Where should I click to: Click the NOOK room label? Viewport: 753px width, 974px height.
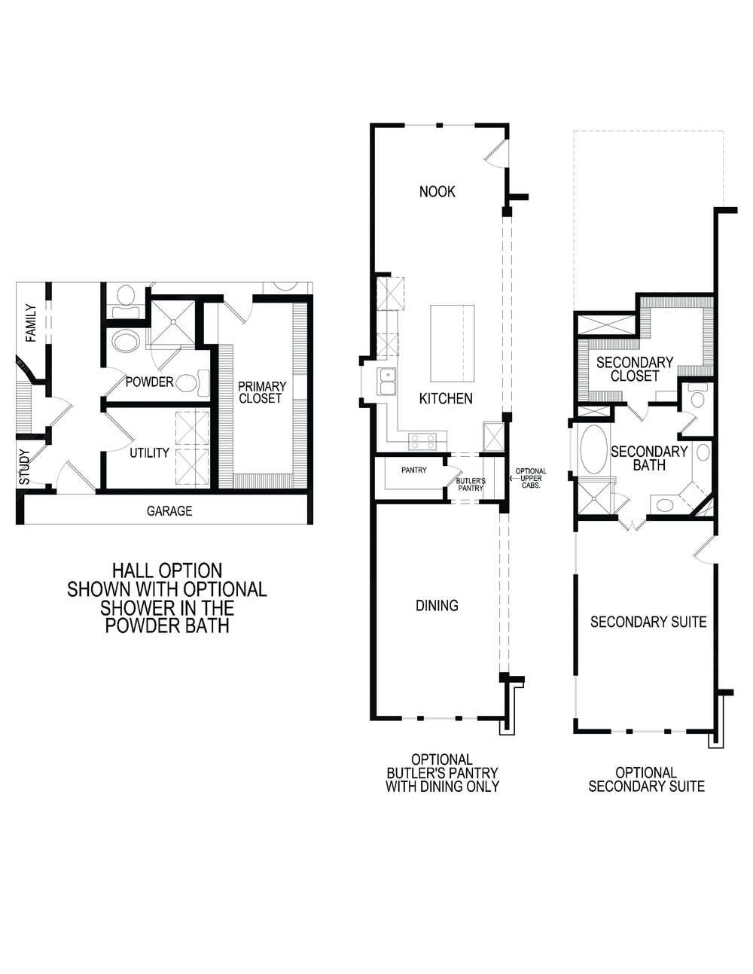[x=437, y=192]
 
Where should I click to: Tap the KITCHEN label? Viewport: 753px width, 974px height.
[x=446, y=398]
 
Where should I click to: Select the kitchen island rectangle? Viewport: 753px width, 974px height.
[x=452, y=343]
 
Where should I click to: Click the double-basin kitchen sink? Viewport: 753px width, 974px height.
[x=388, y=381]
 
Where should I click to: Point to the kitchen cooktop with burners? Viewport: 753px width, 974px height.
[x=422, y=441]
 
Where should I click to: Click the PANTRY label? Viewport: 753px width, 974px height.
[x=413, y=470]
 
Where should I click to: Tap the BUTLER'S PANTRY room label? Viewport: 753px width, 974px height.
[x=470, y=484]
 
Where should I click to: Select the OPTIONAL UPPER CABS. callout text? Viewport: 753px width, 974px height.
[x=531, y=479]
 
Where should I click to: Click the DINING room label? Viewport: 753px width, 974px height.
[x=437, y=605]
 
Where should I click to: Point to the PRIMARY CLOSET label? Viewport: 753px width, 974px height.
[x=261, y=392]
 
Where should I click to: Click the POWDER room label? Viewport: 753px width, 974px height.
[x=149, y=382]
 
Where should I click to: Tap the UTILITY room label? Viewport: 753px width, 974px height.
[x=149, y=452]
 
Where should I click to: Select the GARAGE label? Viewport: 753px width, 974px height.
[x=169, y=511]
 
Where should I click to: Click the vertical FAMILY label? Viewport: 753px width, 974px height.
[x=31, y=323]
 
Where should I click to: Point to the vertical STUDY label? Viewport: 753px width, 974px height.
[x=25, y=467]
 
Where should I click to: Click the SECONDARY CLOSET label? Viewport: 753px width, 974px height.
[x=634, y=369]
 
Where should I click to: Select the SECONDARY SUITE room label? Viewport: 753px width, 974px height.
[x=648, y=622]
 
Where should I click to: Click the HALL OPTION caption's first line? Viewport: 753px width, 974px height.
[x=167, y=571]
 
